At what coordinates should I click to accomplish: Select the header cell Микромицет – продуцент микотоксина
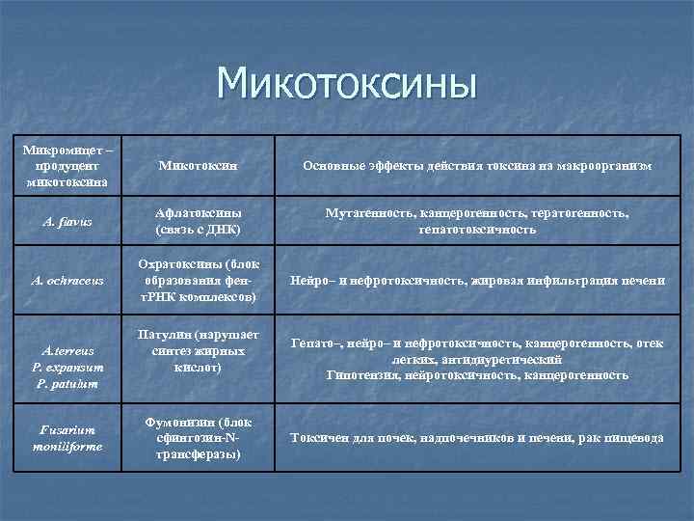coord(67,166)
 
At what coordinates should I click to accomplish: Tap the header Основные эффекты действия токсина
coord(477,166)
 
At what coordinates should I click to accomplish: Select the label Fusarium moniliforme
coord(67,439)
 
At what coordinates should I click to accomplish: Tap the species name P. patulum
coord(67,384)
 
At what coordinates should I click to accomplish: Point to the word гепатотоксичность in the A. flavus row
coord(477,231)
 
